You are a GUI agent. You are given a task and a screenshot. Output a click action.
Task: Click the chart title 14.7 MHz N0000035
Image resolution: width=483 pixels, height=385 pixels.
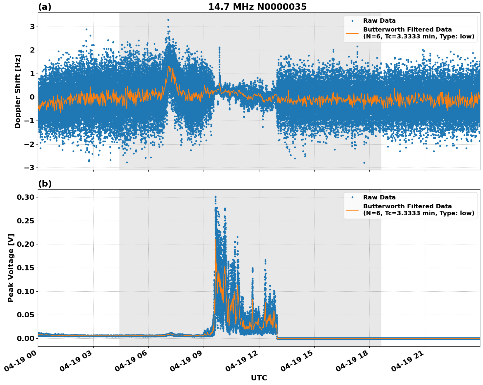[x=257, y=7]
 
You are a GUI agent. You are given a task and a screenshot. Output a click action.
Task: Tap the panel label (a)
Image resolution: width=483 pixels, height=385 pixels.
[x=45, y=7]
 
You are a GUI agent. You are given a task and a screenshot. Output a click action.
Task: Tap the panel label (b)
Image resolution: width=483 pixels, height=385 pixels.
[x=45, y=184]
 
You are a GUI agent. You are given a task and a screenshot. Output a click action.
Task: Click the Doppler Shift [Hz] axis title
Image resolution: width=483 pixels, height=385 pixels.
[x=18, y=91]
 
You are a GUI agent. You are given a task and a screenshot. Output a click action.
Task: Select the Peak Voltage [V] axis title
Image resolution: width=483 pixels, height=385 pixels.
[x=11, y=268]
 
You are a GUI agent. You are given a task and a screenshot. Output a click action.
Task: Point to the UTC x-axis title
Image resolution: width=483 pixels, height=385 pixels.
[x=259, y=378]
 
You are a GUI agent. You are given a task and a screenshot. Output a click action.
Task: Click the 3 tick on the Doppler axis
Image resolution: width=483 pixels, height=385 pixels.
[x=32, y=27]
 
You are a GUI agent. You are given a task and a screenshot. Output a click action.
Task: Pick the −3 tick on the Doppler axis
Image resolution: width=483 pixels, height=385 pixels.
[x=30, y=168]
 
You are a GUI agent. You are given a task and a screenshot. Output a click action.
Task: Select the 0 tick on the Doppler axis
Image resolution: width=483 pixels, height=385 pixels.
[x=32, y=97]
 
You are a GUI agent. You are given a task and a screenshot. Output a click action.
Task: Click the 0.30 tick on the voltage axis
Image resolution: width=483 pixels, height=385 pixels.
[x=26, y=197]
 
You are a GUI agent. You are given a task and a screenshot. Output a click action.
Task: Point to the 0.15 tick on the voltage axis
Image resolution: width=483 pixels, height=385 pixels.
[x=26, y=268]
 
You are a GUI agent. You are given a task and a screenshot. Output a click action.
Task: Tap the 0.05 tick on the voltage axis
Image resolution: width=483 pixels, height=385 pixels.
[x=26, y=315]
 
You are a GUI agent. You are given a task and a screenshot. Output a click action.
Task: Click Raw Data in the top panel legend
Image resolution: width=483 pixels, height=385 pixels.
[x=379, y=21]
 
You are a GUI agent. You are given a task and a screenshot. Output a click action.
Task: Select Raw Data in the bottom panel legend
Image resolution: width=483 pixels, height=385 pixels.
[x=379, y=197]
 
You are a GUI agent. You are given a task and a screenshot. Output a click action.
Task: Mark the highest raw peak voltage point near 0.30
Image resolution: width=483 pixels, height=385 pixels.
[x=215, y=197]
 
